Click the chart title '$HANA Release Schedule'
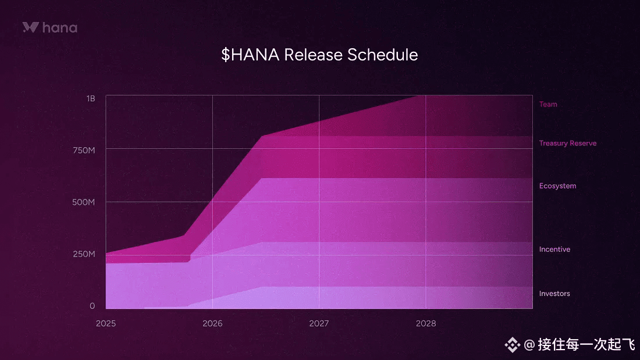(x=319, y=55)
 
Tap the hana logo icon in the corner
(x=31, y=27)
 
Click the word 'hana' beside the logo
(x=59, y=28)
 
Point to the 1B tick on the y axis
(x=91, y=98)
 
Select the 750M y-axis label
(x=84, y=150)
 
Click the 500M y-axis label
(x=84, y=202)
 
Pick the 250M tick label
(x=84, y=254)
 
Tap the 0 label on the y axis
(x=93, y=306)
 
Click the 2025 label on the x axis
(x=106, y=323)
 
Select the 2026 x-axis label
(x=212, y=323)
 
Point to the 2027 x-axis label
(x=319, y=323)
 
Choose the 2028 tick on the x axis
(x=426, y=323)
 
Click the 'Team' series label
(x=548, y=104)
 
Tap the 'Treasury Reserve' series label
(x=568, y=143)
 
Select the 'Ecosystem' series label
(x=557, y=186)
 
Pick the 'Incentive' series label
(x=554, y=249)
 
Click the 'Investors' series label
(x=554, y=294)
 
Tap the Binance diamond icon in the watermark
(x=512, y=345)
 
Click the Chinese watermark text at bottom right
(x=586, y=344)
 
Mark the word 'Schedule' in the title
(x=382, y=55)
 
